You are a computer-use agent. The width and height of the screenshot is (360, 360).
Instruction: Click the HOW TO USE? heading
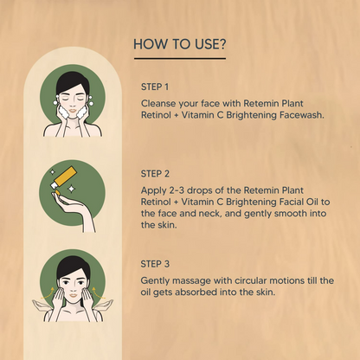click(179, 44)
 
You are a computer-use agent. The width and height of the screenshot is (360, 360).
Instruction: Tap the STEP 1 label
click(155, 87)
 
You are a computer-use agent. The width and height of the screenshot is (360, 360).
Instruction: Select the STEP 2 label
click(155, 174)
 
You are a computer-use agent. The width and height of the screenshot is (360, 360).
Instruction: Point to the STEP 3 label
click(155, 264)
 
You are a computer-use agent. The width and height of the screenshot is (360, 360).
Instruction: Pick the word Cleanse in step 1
click(158, 103)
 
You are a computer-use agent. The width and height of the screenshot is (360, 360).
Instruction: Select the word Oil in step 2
click(312, 202)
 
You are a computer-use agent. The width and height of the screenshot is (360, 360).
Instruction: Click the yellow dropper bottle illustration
click(65, 177)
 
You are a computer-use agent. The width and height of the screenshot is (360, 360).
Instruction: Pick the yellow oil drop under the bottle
click(57, 192)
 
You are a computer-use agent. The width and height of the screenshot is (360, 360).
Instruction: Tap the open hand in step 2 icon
click(74, 210)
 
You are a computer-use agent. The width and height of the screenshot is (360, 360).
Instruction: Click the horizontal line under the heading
click(180, 59)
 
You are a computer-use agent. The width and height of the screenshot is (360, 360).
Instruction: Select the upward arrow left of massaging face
click(47, 292)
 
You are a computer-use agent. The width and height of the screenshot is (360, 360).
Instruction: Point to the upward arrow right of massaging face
click(98, 292)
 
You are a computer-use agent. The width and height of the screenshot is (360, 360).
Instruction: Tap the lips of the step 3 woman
click(74, 295)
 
